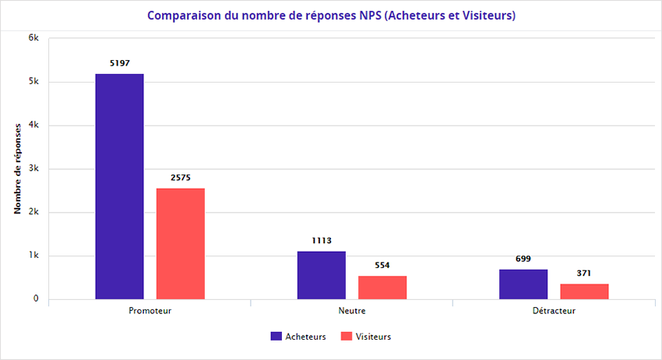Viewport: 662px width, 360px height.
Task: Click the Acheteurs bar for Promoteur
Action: coord(119,186)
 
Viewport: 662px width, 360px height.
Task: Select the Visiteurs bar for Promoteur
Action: coord(180,243)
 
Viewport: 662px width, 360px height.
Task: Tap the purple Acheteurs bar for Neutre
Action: coord(321,275)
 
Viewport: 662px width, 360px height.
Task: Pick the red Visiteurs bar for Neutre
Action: coord(382,288)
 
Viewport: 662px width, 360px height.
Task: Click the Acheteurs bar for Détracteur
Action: coord(523,284)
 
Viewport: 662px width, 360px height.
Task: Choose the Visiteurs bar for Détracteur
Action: coord(584,291)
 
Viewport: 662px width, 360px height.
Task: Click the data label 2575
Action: coord(180,178)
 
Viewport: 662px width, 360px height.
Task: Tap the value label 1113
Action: coord(321,240)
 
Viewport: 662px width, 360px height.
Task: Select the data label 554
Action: coord(382,265)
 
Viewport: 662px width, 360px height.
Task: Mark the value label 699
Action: coord(523,259)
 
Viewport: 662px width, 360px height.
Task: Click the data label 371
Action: coord(584,273)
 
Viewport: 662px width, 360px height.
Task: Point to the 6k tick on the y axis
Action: coord(33,38)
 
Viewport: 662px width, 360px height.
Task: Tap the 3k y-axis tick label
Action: coord(33,169)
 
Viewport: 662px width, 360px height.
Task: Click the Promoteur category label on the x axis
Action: coord(150,310)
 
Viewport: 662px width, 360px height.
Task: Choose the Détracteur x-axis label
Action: coord(554,310)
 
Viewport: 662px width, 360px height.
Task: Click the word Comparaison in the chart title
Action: coord(183,16)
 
